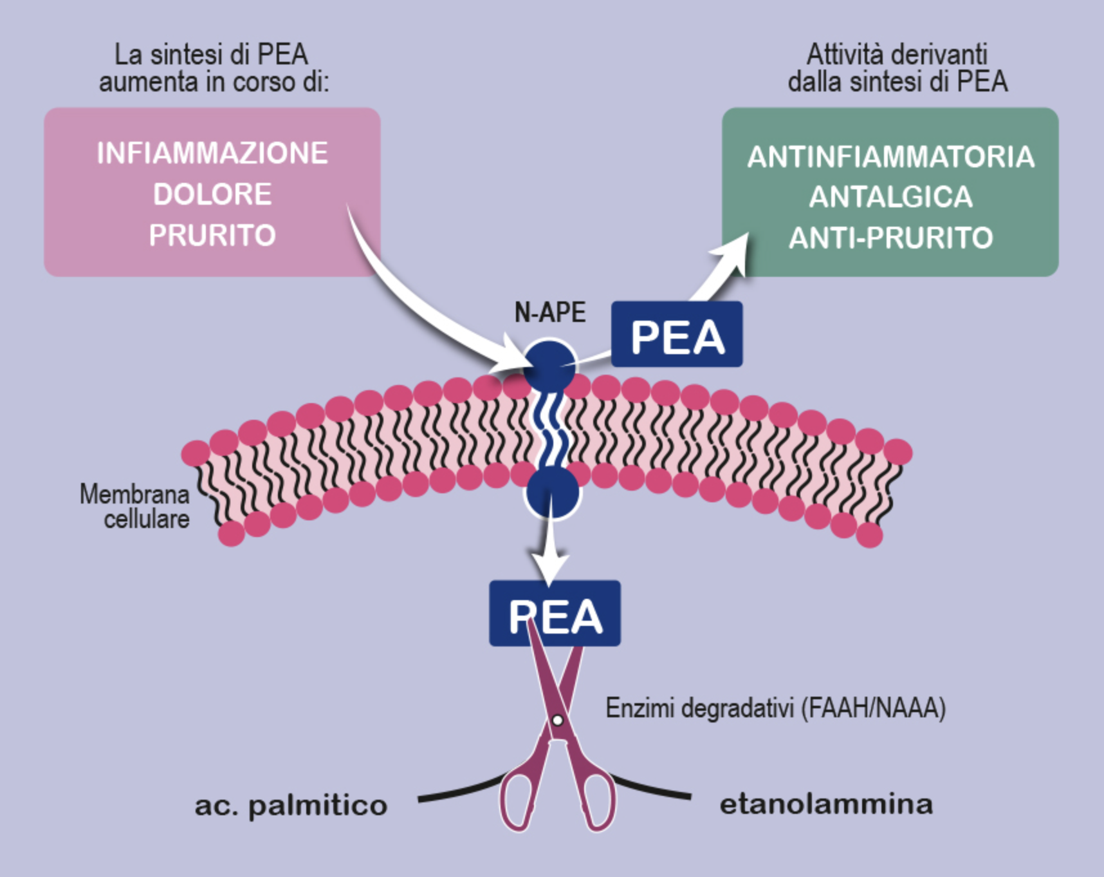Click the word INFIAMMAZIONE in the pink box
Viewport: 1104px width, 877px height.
tap(212, 153)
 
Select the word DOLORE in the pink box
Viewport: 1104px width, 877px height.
tap(212, 194)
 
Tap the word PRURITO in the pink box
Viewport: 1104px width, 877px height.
tap(212, 235)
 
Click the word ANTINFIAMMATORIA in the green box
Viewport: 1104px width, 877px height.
tap(890, 157)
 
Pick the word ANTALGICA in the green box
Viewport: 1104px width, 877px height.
tap(890, 197)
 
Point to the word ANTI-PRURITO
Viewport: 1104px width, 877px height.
tap(890, 238)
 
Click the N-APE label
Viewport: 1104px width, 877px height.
tap(550, 312)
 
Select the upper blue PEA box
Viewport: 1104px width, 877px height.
tap(677, 335)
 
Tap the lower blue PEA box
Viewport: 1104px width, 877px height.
tap(555, 614)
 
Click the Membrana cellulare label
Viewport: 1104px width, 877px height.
tap(135, 507)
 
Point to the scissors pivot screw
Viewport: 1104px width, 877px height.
tap(557, 720)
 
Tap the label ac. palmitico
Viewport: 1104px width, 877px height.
tap(291, 806)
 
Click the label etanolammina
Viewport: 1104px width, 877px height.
tap(826, 804)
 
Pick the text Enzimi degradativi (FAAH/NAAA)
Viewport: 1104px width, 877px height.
tap(775, 708)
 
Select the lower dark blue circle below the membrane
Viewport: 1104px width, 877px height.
tap(552, 493)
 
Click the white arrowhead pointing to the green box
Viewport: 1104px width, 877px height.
tap(732, 252)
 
